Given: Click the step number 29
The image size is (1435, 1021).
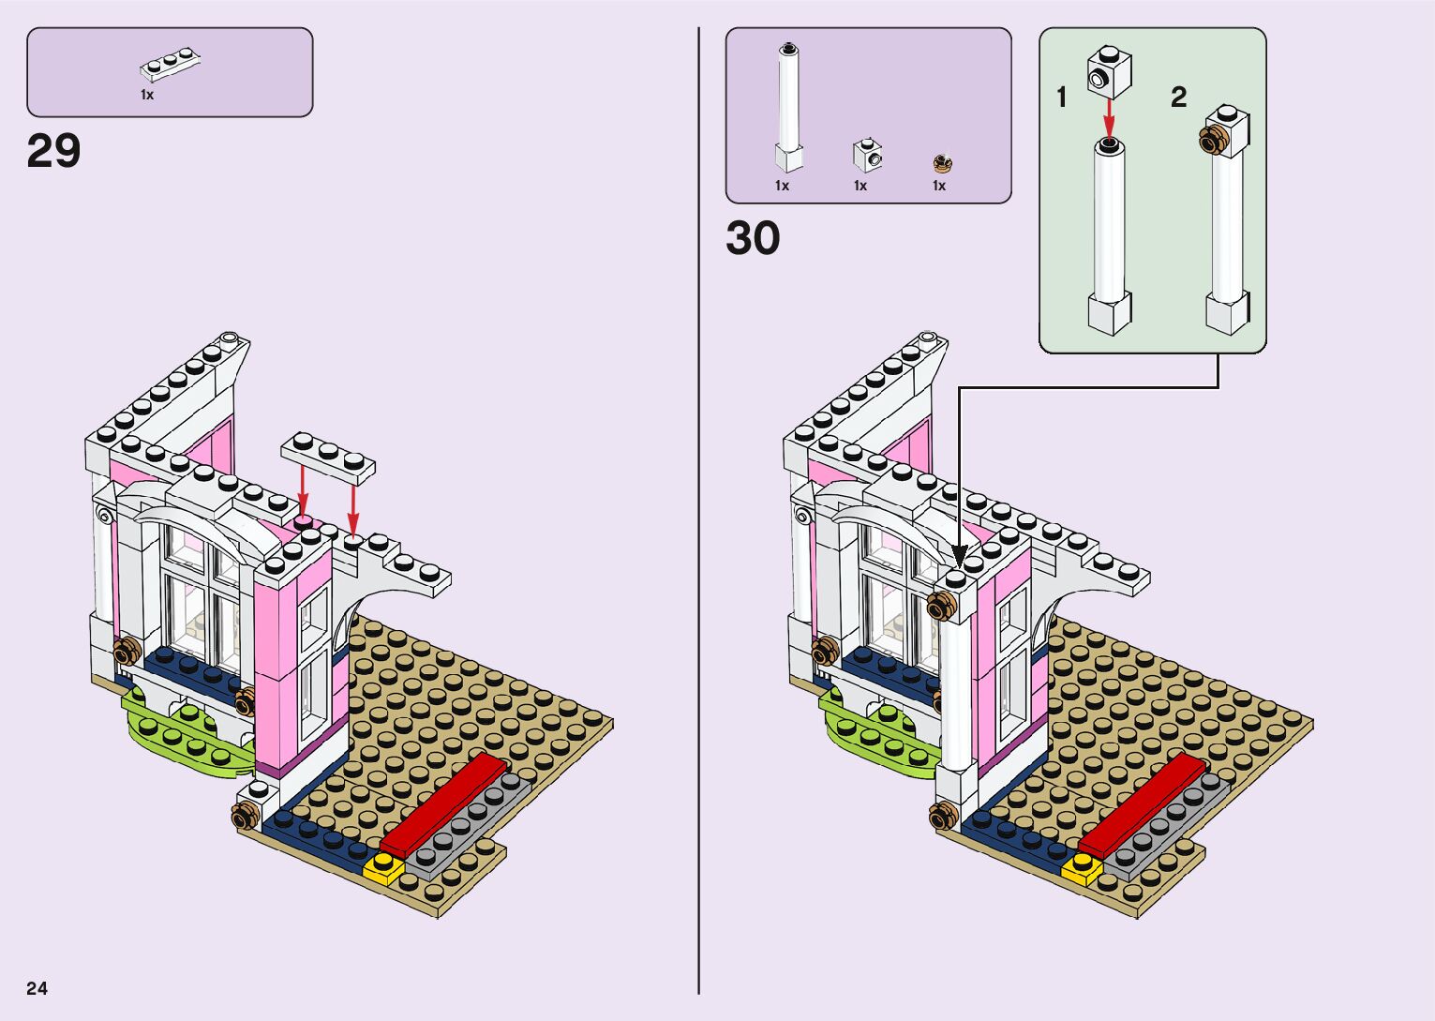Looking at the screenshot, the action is pyautogui.click(x=54, y=151).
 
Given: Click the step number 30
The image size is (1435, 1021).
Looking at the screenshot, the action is pyautogui.click(x=753, y=238).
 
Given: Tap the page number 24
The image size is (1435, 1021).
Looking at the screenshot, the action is pyautogui.click(x=37, y=988).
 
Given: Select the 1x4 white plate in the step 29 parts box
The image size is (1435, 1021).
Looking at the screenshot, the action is pyautogui.click(x=172, y=64).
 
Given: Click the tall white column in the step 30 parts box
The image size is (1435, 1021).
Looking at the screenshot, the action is pyautogui.click(x=788, y=108).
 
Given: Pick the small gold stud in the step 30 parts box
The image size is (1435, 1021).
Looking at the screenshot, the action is pyautogui.click(x=942, y=164).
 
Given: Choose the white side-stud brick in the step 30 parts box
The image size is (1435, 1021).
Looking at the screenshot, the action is pyautogui.click(x=867, y=155).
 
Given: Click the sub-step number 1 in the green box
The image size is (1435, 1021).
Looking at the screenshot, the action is pyautogui.click(x=1062, y=98).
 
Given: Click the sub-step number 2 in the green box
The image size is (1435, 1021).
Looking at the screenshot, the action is pyautogui.click(x=1179, y=97).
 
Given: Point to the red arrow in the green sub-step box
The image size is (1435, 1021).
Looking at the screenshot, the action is pyautogui.click(x=1109, y=116).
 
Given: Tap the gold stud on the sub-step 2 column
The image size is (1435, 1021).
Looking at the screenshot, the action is pyautogui.click(x=1213, y=141).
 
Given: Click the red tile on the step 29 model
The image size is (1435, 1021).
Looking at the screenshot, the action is pyautogui.click(x=441, y=803).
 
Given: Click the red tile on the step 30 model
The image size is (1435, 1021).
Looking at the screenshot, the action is pyautogui.click(x=1141, y=803).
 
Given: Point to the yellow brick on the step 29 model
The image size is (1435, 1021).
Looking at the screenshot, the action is pyautogui.click(x=383, y=869).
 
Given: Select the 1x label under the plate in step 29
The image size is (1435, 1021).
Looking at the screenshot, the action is pyautogui.click(x=147, y=95).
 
